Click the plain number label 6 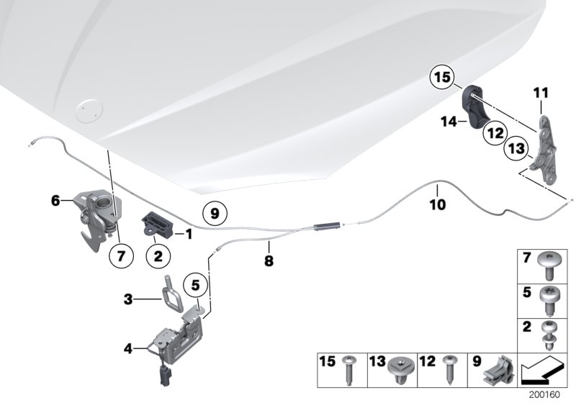55,202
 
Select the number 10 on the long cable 438,205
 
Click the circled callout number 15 443,77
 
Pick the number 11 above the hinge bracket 541,92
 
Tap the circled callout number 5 194,284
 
